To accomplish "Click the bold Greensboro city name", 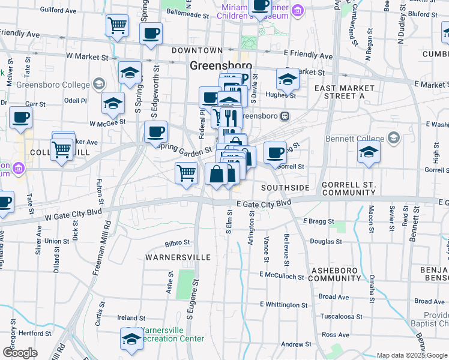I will (x=221, y=65).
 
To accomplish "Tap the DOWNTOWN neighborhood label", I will (x=197, y=50).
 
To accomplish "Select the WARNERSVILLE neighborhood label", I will (x=178, y=257).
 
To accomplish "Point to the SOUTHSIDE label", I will (x=285, y=188).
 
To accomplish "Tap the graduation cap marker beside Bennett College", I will (x=369, y=152).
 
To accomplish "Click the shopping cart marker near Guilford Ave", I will (x=117, y=26).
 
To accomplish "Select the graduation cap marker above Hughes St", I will (x=288, y=79).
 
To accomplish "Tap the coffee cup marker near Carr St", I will (x=21, y=118).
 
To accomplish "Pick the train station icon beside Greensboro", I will (x=285, y=116).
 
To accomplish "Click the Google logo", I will (x=20, y=353).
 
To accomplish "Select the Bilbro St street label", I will (x=177, y=244).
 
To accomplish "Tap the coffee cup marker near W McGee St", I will (x=155, y=131).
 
